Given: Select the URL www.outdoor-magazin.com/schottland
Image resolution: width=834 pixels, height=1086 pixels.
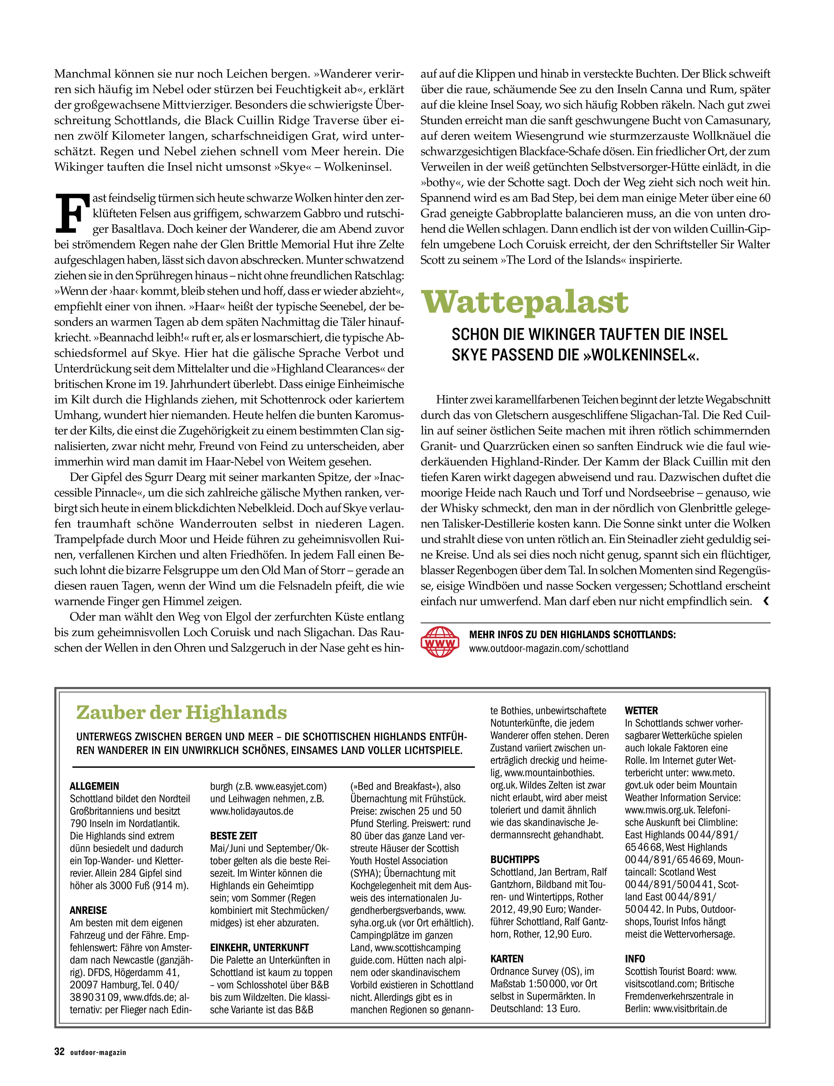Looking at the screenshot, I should [549, 649].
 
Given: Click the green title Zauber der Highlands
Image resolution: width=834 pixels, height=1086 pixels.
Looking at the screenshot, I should [182, 713].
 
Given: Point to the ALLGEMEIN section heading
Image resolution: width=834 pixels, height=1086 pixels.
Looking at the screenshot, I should [94, 786].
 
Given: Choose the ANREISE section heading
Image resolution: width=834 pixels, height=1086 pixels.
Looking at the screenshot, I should [88, 910].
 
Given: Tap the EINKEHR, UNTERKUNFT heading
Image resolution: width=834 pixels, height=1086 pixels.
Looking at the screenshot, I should [259, 947].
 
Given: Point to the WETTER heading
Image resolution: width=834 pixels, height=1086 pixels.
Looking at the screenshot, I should [642, 711].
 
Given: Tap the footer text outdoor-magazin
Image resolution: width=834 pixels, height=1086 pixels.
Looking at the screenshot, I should [98, 1052].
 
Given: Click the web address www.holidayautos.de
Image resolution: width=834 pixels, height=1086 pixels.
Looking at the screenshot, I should [252, 811].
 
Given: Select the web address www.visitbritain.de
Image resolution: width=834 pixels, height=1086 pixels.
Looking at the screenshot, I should [690, 1008].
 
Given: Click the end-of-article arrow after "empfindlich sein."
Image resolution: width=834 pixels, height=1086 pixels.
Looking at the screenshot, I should [766, 601].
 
